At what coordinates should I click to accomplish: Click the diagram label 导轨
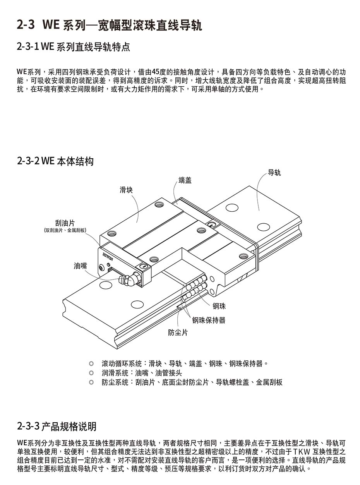coord(274,173)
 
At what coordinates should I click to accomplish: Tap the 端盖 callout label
coord(185,180)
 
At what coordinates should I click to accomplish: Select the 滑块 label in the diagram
coord(126,190)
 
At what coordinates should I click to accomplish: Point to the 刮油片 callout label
coord(65,223)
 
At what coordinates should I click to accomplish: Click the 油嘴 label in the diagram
coord(80,266)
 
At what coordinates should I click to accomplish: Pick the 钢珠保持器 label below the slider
coord(209,320)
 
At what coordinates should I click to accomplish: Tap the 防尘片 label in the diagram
coord(178,332)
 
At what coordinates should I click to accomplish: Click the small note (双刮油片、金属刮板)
coord(65,230)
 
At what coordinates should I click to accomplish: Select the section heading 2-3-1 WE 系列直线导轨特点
coord(74,46)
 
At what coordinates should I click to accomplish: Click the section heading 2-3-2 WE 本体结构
coord(55,161)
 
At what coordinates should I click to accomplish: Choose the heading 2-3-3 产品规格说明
coord(57,427)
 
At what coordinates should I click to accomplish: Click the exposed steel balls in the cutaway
coord(196,286)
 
